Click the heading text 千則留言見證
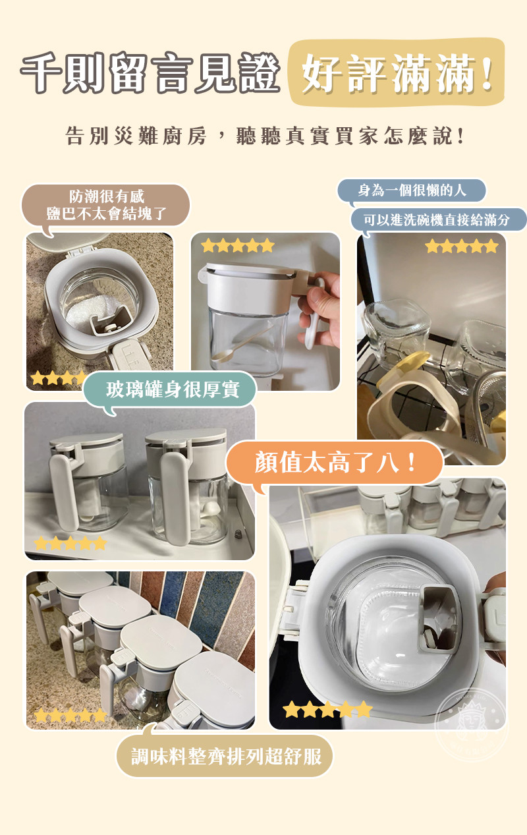click(x=150, y=72)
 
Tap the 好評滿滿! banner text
click(x=397, y=72)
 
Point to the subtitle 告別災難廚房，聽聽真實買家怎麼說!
click(x=265, y=135)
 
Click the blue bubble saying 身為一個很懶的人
click(x=412, y=190)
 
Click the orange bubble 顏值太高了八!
click(x=335, y=463)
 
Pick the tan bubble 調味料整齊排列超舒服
click(x=225, y=757)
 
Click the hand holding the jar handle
click(x=321, y=309)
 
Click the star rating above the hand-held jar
click(x=237, y=246)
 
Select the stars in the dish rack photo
click(x=462, y=246)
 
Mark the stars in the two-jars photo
click(x=70, y=543)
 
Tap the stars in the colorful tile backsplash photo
click(x=70, y=715)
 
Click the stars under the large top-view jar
click(x=327, y=709)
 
